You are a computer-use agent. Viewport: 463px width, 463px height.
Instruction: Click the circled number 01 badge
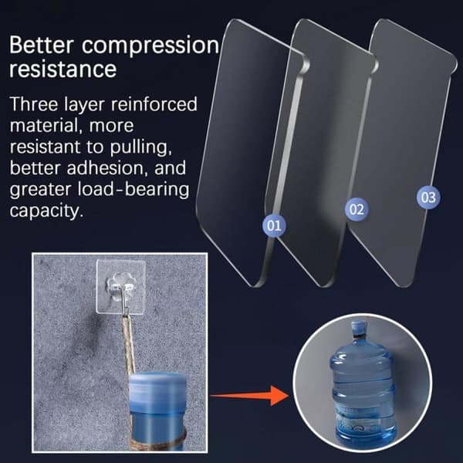click(274, 225)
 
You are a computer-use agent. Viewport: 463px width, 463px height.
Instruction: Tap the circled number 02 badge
click(357, 209)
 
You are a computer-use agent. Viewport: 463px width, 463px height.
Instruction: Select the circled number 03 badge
click(428, 198)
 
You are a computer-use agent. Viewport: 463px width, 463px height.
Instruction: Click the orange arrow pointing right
click(250, 395)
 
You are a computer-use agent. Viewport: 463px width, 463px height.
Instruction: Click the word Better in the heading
click(42, 45)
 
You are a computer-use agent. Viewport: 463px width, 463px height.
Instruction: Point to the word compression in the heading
click(150, 46)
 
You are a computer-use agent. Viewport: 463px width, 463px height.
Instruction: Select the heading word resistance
click(63, 69)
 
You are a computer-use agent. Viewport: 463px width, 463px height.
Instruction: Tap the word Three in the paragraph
click(34, 104)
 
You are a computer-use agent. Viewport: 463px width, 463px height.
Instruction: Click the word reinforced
click(154, 104)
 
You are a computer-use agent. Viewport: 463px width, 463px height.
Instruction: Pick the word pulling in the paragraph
click(141, 148)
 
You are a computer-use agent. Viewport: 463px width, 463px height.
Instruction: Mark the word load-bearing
click(133, 191)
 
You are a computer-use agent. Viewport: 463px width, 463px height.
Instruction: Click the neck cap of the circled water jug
click(359, 329)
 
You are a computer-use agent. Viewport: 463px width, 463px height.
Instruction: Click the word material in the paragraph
click(45, 126)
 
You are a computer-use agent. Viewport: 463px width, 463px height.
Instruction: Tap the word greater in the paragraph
click(40, 191)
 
